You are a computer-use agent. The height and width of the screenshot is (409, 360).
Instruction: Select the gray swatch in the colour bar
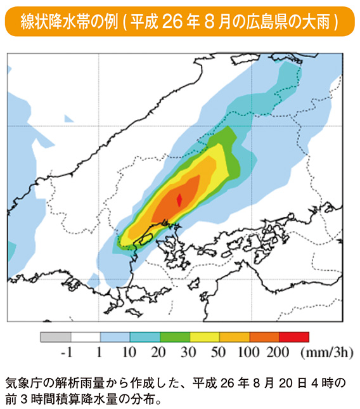(55, 337)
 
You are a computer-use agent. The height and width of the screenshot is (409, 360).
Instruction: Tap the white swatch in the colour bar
(85, 337)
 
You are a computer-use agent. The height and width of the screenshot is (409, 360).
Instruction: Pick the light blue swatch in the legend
(115, 337)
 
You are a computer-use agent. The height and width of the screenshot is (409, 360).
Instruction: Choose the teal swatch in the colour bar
(145, 337)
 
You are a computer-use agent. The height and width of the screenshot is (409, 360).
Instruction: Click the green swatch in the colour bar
(175, 337)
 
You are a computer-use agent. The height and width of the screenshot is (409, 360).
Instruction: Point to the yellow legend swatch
(205, 337)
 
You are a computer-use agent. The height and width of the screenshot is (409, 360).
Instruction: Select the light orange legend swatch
(235, 337)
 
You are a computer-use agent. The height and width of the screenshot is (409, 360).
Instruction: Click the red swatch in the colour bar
(295, 337)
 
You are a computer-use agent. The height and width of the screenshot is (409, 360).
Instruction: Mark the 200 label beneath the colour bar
(278, 352)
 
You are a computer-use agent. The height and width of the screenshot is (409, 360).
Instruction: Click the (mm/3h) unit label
(326, 352)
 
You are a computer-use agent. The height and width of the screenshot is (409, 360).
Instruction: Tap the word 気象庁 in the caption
(23, 384)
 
